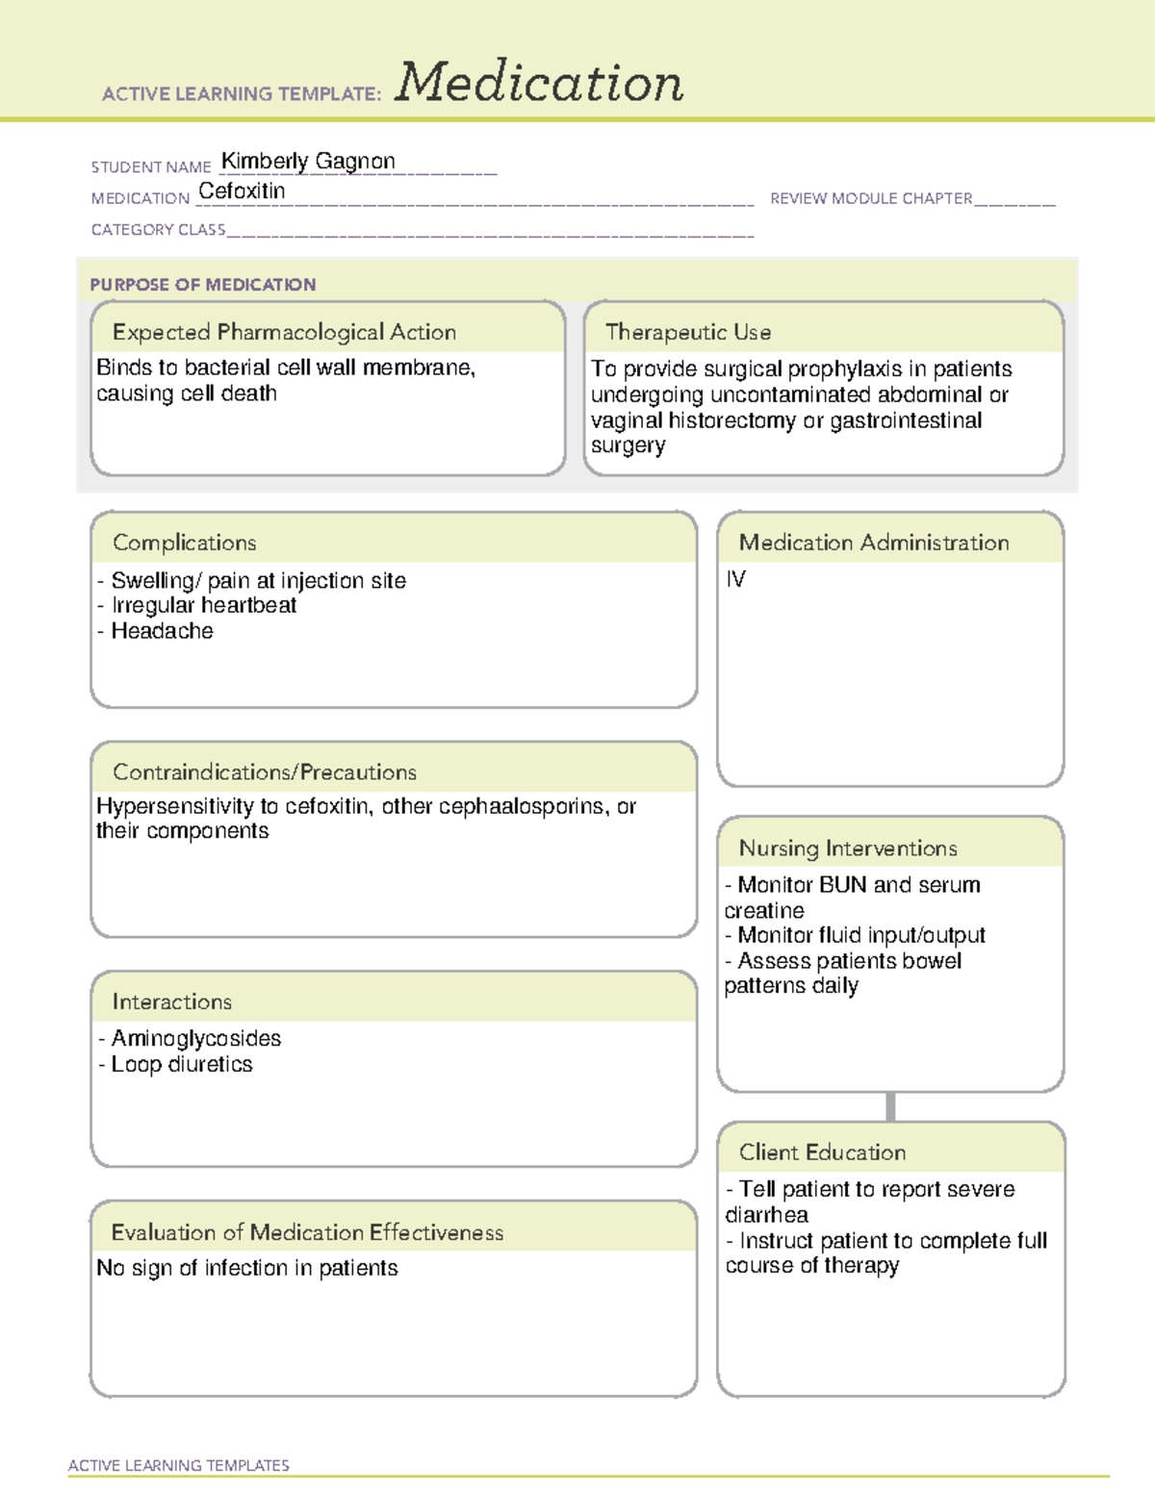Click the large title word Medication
point(539,83)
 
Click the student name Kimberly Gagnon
point(308,162)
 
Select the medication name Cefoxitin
point(242,191)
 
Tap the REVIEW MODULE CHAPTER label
point(871,199)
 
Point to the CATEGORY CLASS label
point(158,230)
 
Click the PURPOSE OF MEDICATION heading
point(203,285)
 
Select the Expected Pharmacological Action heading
point(284,332)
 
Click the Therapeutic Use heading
point(687,332)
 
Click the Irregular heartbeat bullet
point(203,605)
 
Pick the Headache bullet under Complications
point(162,631)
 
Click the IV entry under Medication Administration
point(735,579)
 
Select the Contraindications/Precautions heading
point(265,772)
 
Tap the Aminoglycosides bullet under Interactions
point(195,1038)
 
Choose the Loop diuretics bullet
point(181,1064)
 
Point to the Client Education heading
point(822,1152)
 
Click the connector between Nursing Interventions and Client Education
point(890,1107)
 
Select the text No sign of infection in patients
point(247,1268)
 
